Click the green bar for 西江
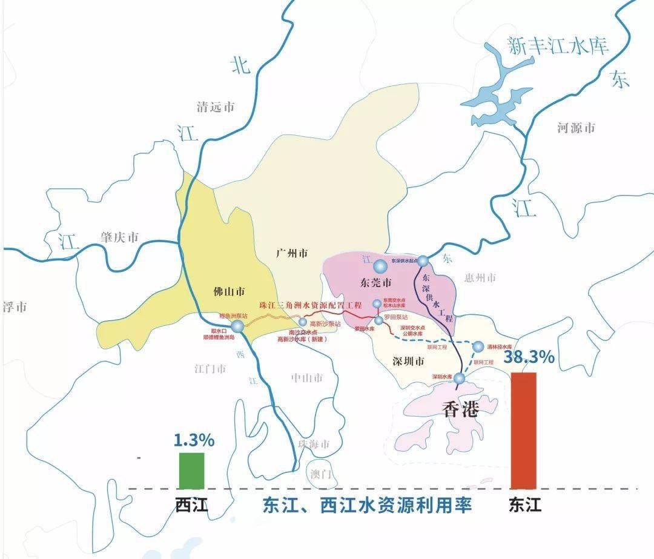[191, 470]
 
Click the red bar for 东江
[524, 430]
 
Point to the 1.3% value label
[194, 440]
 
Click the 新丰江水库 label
[557, 47]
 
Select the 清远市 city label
[216, 108]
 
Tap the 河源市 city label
[576, 128]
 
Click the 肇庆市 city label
[120, 237]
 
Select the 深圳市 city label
[410, 362]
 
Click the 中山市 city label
[307, 378]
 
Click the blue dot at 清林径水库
[478, 347]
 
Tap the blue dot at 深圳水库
[460, 379]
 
